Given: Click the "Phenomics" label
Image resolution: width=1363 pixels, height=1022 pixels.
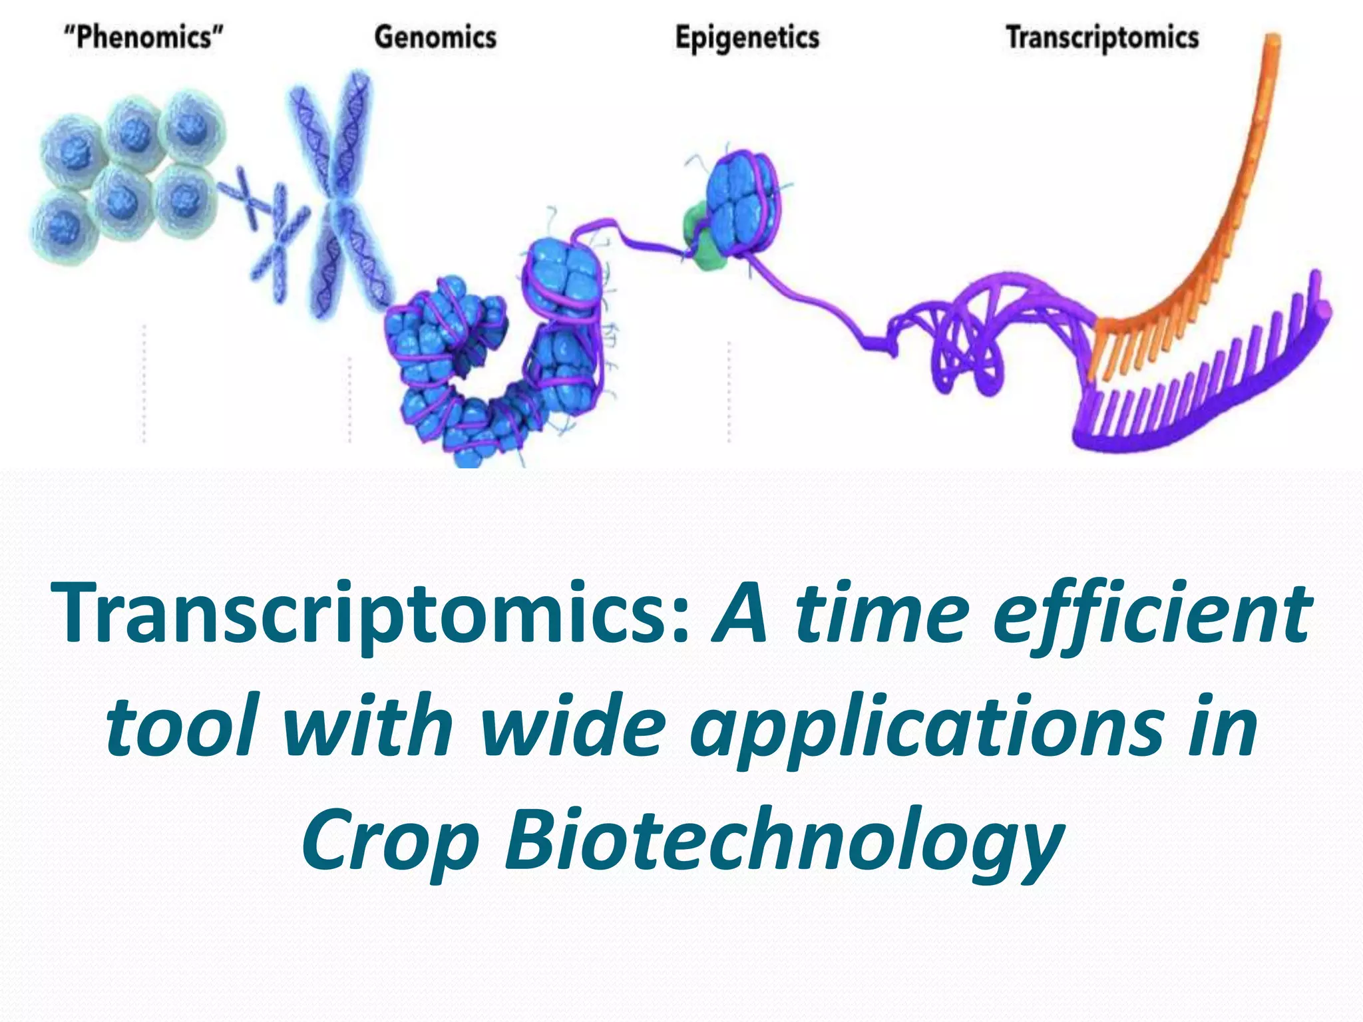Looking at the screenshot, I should [x=143, y=37].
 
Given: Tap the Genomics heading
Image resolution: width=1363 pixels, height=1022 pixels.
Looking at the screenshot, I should [x=435, y=37].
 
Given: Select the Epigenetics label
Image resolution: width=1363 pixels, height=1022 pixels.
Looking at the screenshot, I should [x=747, y=38].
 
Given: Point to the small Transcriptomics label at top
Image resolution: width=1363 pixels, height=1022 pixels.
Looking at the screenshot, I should [x=1102, y=38].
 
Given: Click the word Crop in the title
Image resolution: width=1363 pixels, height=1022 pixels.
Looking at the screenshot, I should [x=390, y=842].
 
